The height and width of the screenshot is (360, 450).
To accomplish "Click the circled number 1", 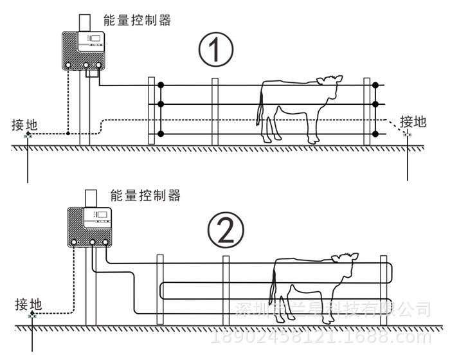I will coord(213,50).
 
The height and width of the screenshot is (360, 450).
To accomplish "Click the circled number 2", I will coord(226,229).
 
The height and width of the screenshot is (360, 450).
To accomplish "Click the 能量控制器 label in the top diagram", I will coord(137,21).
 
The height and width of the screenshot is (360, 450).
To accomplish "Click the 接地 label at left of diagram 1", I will coord(24,124).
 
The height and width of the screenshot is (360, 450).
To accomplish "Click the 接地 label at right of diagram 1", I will coord(413,121).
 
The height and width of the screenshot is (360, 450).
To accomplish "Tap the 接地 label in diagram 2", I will coord(28,303).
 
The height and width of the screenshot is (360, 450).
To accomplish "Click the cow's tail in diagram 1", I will coord(261,109).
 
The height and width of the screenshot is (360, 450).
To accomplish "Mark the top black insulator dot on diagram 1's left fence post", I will coord(161,85).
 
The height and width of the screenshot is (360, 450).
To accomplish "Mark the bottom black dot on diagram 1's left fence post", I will coord(161,134).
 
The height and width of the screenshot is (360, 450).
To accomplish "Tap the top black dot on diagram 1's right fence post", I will coord(377,85).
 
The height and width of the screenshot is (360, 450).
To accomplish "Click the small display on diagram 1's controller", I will coord(95,39).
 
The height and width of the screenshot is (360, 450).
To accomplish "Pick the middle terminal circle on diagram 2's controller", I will coord(91,243).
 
